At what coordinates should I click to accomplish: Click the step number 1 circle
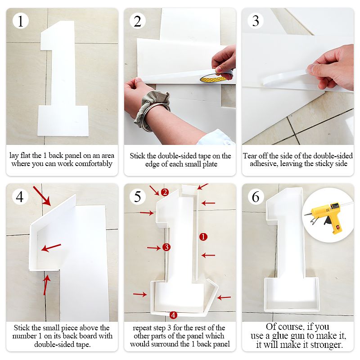point(20,21)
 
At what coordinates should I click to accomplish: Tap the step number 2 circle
point(138,21)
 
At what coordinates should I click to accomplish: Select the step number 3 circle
point(256,21)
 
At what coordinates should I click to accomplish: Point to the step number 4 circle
point(20,197)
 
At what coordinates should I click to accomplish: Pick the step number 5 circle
point(138,197)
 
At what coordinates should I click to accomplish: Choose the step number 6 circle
point(256,197)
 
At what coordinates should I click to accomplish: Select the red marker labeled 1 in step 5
point(203,237)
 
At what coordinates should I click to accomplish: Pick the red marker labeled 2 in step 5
point(165,192)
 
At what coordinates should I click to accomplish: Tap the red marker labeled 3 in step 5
point(166,247)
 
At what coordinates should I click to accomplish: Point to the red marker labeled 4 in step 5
point(173,315)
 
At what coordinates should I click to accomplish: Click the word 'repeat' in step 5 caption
point(141,328)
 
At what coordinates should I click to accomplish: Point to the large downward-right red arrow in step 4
point(42,196)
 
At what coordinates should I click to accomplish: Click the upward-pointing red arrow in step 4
point(46,285)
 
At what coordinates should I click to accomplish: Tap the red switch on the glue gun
point(338,228)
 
